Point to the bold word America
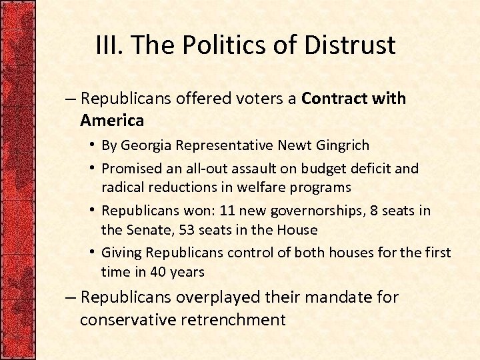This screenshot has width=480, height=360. tap(111, 120)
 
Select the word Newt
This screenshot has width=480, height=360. tap(293, 145)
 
